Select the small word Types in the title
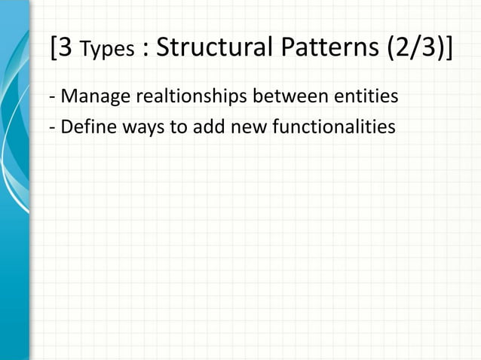[x=106, y=50]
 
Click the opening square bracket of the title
[x=53, y=49]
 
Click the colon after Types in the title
[x=145, y=50]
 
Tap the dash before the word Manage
[x=51, y=99]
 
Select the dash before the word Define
[x=51, y=127]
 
